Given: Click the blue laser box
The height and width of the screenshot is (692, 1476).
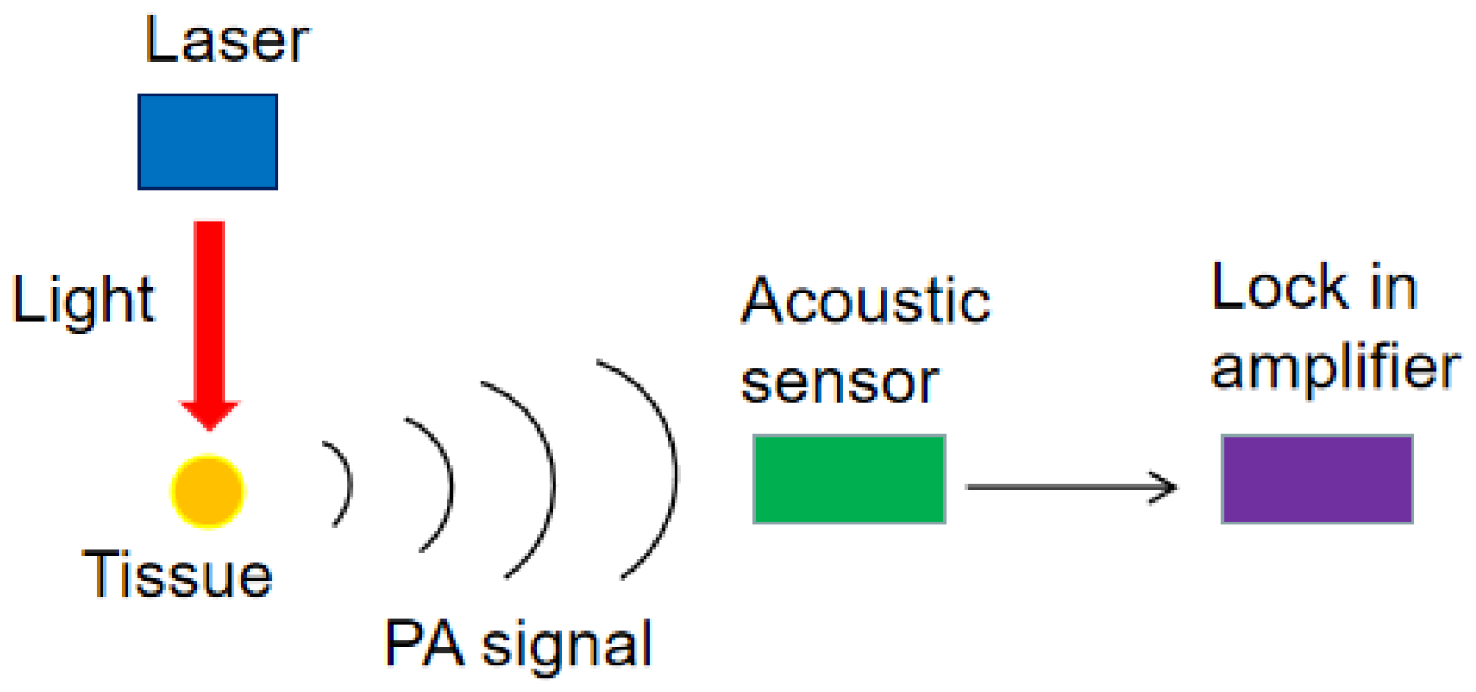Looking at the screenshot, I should (208, 142).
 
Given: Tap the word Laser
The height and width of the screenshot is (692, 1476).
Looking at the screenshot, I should (226, 41).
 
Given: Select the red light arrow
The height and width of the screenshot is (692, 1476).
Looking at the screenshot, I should (209, 312).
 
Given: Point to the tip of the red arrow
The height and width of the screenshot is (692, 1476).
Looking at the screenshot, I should (209, 428).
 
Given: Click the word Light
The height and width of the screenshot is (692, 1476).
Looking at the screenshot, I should (83, 301).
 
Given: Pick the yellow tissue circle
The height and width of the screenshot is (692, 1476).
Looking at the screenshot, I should (208, 491).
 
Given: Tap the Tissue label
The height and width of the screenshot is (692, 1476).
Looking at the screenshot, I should (177, 574).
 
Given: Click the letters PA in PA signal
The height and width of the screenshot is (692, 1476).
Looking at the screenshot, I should (423, 643).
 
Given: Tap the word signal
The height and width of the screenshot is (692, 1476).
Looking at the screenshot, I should (567, 646).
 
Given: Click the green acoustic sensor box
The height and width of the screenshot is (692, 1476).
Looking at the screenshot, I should (849, 479).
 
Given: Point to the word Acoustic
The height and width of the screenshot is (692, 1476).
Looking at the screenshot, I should (865, 301).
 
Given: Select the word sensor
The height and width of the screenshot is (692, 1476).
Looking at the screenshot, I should (840, 383).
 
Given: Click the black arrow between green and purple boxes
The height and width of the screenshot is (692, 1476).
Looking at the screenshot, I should (1070, 487).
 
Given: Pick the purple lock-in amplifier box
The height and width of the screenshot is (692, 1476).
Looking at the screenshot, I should (1316, 479).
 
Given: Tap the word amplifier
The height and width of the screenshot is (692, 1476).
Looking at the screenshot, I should (1334, 367).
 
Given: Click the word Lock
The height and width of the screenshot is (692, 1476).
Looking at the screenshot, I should (1280, 288).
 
